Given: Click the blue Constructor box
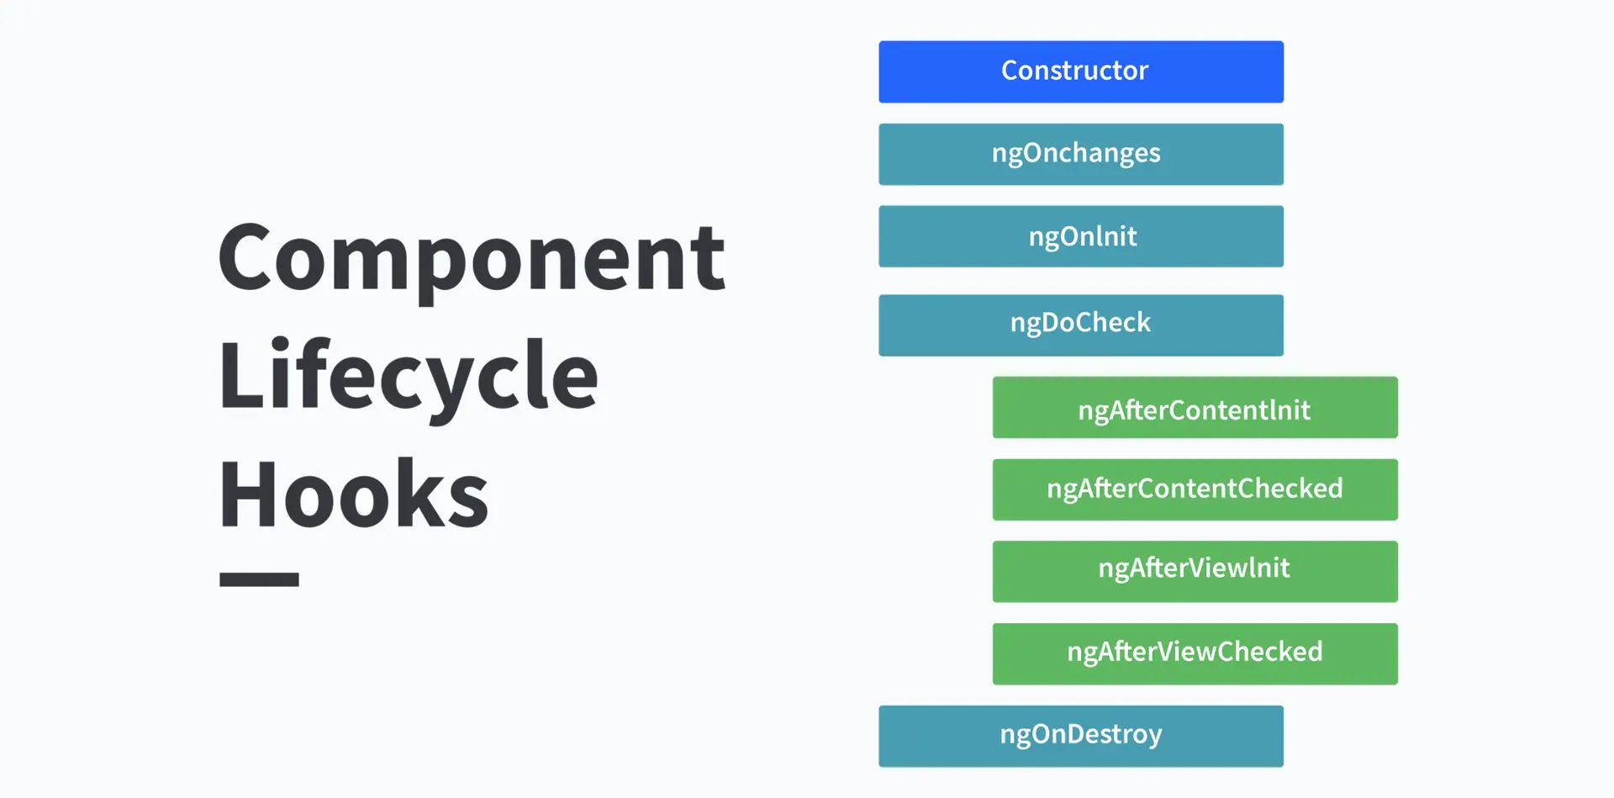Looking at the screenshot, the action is click(x=1081, y=71).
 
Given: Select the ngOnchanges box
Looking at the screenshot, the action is click(x=1081, y=154).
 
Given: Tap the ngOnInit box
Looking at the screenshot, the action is click(x=1081, y=236).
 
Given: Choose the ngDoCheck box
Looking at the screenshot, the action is click(x=1081, y=325).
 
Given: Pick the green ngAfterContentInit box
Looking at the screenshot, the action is click(x=1195, y=407).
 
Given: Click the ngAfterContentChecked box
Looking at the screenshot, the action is click(x=1195, y=489).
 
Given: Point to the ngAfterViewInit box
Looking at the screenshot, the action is click(x=1195, y=572).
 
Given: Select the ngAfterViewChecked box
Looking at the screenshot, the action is click(x=1195, y=654).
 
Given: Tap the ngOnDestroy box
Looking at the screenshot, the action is click(x=1081, y=737).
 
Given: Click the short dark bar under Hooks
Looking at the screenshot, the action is click(x=259, y=579).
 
